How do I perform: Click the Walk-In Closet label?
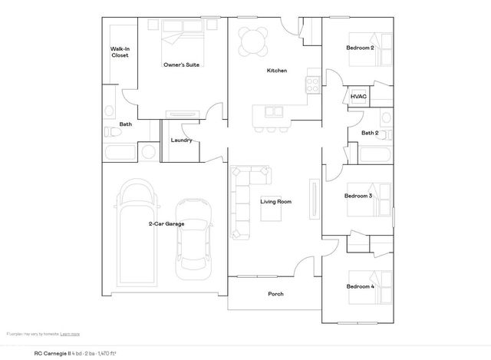coord(120,53)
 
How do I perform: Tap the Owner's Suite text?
coord(182,65)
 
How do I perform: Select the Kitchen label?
coord(276,71)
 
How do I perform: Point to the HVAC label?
coord(358,97)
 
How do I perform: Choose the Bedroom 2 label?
coord(360,48)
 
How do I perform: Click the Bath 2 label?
coord(370,133)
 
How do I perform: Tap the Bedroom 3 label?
coord(358,196)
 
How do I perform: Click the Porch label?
coord(275,294)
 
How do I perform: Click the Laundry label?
coord(181,140)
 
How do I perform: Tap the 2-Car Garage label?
coord(166,224)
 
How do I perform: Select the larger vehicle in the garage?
coord(138,230)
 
